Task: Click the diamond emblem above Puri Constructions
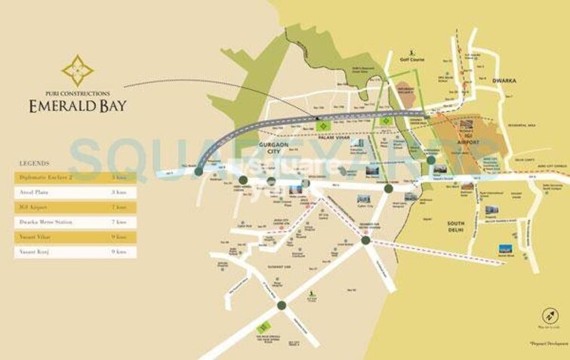(x=78, y=70)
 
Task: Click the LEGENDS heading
(x=35, y=163)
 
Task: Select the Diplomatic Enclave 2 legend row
(x=75, y=177)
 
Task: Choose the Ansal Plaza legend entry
(x=75, y=192)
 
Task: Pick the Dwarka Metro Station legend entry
(x=75, y=222)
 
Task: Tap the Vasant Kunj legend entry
(x=75, y=251)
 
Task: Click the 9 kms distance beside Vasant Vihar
(x=119, y=237)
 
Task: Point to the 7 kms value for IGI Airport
(x=119, y=207)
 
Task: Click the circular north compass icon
(x=551, y=317)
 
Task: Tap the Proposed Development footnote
(x=549, y=343)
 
